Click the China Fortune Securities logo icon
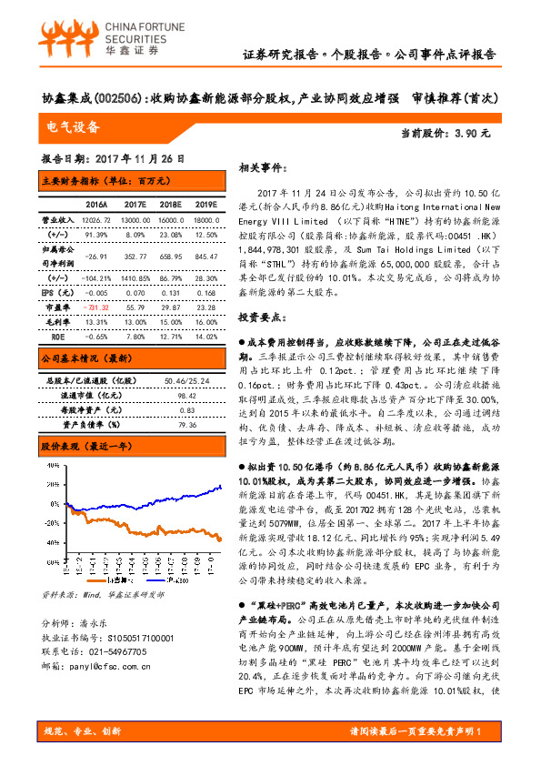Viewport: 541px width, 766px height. (x=65, y=39)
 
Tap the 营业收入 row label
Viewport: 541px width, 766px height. (x=56, y=219)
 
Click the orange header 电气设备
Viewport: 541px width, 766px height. (x=74, y=127)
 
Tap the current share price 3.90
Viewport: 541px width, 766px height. (x=475, y=133)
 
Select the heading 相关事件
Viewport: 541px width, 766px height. (x=264, y=168)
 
